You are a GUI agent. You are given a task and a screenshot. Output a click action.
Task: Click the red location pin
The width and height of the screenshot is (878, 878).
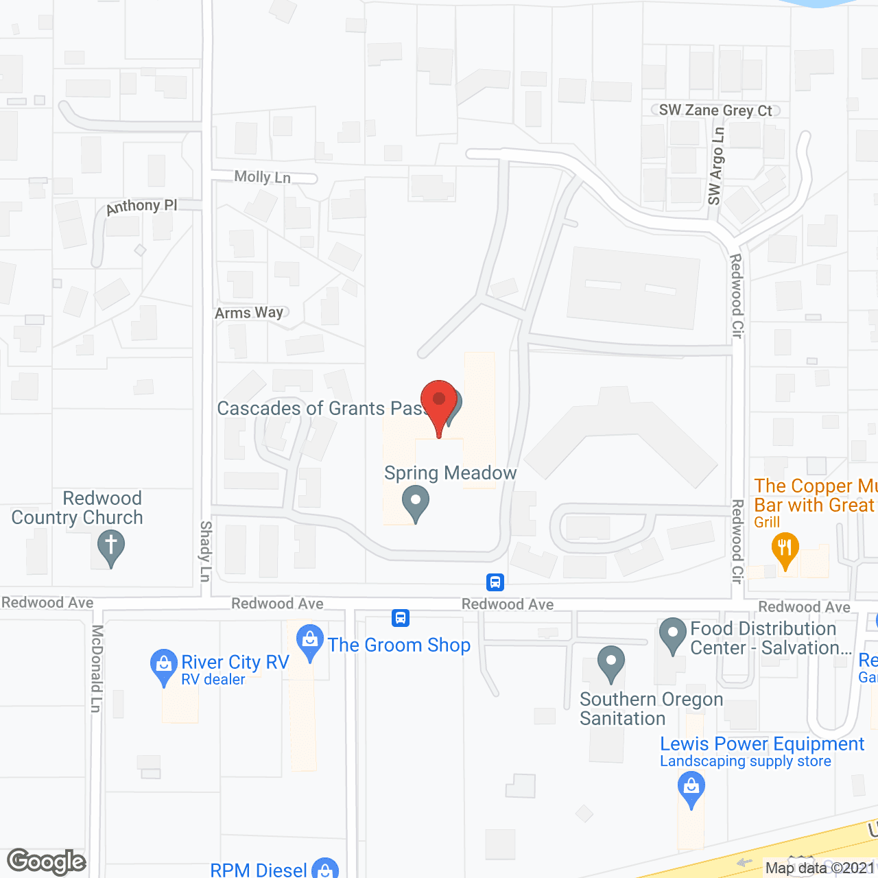439,402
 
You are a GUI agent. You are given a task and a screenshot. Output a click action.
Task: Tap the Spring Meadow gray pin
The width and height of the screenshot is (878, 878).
416,502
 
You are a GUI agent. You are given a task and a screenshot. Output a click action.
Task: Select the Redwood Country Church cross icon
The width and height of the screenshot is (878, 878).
110,548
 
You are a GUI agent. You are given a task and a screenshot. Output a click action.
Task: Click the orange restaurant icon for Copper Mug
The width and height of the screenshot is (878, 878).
785,549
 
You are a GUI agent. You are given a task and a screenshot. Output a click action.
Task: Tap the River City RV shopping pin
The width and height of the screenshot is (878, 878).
163,666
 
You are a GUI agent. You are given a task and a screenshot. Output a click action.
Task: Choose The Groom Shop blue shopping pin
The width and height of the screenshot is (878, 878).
310,642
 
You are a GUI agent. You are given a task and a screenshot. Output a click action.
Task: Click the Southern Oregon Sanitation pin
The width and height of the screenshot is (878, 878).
610,663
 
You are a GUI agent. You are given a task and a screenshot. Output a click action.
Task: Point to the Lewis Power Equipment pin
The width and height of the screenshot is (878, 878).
691,788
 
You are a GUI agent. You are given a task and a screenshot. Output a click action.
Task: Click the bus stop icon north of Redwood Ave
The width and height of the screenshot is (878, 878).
495,582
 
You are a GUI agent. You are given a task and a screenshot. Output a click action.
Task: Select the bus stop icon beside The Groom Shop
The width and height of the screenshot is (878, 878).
401,618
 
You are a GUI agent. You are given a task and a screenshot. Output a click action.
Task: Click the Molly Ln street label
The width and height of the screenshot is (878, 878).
263,177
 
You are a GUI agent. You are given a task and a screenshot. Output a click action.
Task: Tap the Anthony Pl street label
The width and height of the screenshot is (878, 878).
141,206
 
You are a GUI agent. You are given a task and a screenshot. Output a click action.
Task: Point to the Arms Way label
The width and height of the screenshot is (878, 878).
249,313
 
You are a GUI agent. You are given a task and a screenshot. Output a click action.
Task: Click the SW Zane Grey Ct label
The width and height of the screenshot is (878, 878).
715,110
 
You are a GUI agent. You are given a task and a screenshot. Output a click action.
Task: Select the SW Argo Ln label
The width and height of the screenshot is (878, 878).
715,167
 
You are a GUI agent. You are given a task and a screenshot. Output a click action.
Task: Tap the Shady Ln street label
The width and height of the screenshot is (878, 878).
205,551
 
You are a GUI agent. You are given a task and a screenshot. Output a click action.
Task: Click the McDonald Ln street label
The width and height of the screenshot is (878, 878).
96,669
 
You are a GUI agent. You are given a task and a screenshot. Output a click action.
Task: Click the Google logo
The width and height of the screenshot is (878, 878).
47,862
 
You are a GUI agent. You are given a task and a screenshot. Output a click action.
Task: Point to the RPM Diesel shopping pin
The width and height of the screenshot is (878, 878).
325,868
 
